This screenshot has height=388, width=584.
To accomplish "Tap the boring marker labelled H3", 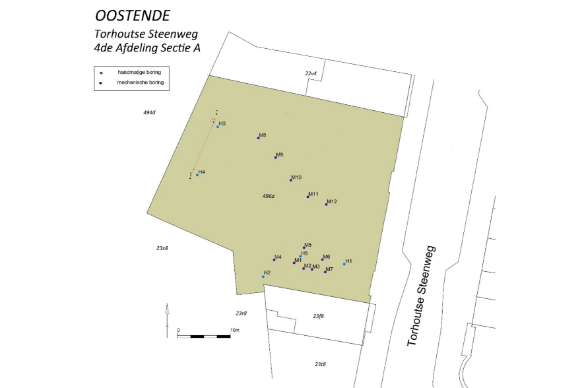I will (x=217, y=127).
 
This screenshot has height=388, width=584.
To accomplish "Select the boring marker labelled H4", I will (x=197, y=175).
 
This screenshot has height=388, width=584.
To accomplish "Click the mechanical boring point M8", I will (x=259, y=138).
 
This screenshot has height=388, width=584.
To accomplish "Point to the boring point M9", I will (x=276, y=158).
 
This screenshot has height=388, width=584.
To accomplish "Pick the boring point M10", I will (x=291, y=180).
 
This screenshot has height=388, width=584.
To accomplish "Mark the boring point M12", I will (x=326, y=205).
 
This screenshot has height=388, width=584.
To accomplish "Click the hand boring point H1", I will (x=344, y=264).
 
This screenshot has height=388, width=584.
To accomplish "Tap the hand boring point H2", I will (x=263, y=276).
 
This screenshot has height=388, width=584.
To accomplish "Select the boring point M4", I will (x=274, y=260).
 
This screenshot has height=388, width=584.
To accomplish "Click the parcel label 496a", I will (x=268, y=196).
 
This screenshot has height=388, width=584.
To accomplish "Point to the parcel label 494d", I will (x=149, y=112).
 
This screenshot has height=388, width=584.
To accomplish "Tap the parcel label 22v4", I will (x=311, y=73).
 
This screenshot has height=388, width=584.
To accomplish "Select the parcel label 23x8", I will (x=162, y=248).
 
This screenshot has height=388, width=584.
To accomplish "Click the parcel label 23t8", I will (x=320, y=364).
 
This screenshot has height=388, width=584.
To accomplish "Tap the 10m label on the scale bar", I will (x=235, y=329).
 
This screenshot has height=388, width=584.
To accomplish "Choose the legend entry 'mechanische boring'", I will (x=140, y=83).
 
